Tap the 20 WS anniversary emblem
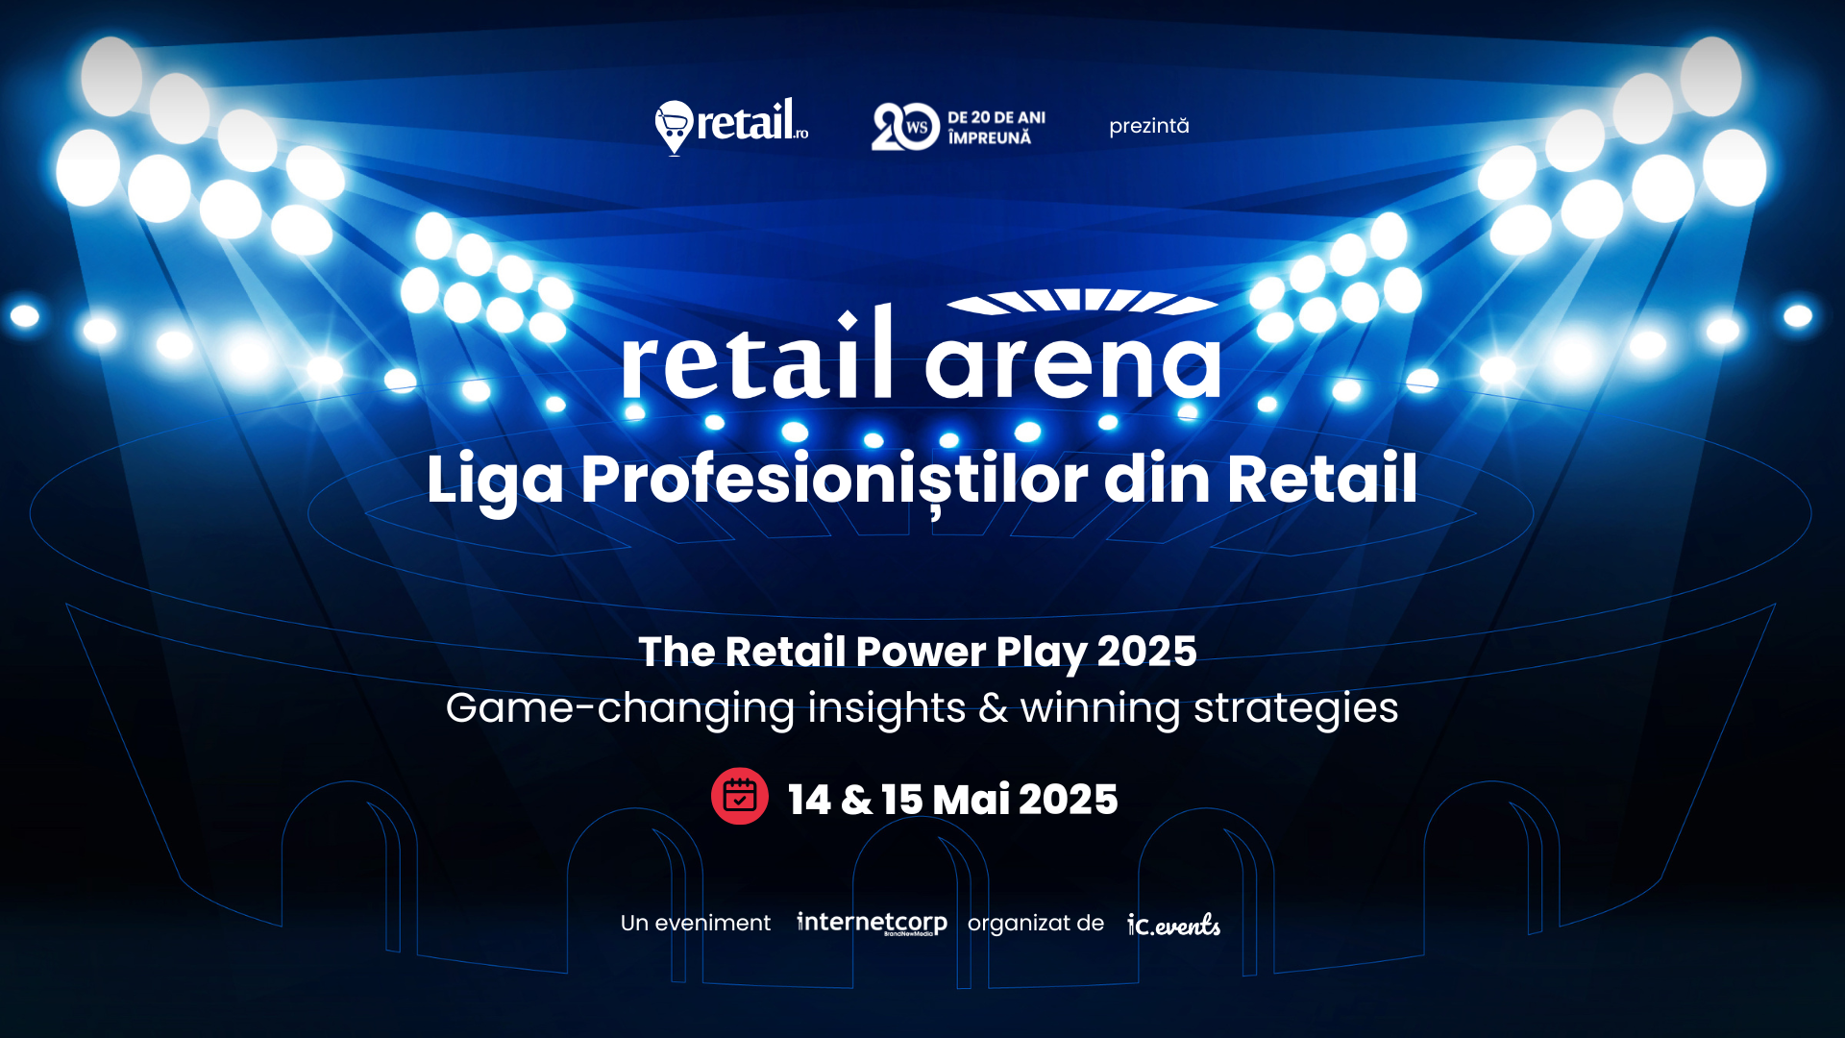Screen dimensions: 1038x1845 pos(904,127)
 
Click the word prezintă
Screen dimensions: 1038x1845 pos(1148,126)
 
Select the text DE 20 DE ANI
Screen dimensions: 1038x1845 pos(996,117)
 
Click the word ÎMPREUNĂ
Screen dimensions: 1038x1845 pos(989,138)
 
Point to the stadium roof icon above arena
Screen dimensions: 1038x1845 pos(1082,301)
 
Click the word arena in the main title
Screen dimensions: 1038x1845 pos(1072,362)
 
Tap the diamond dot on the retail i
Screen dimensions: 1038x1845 pos(848,319)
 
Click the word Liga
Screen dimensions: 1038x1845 pos(495,479)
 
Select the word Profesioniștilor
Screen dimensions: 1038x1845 pos(834,479)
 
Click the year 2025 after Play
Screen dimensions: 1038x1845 pos(1146,652)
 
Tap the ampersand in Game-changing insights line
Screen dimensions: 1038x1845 pos(993,708)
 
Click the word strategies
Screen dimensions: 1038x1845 pos(1295,708)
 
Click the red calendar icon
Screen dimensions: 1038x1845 pos(739,796)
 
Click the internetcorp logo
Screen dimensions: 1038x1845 pos(872,923)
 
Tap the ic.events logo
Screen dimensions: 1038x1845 pos(1173,925)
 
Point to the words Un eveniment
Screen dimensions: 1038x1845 pos(696,923)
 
